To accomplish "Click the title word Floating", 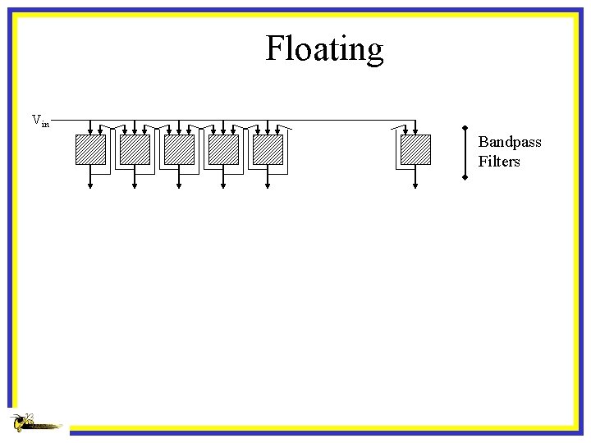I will coord(324,49).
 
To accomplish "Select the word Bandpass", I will coord(510,142).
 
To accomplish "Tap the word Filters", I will coord(499,162).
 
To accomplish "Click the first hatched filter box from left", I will coord(90,149).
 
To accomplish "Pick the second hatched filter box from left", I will coord(135,149).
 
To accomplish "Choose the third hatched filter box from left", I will coord(179,149).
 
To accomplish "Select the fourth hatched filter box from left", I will coord(223,149).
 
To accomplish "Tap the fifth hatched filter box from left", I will coord(268,149).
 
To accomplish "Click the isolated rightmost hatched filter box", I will coord(415,149).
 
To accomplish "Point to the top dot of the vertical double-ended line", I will coord(465,128).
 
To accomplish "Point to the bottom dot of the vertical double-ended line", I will coord(465,176).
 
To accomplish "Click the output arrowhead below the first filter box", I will coord(90,186).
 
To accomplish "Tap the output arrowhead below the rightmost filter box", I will coord(415,186).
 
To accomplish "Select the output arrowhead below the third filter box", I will coord(179,186).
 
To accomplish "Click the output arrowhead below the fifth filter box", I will coord(268,186).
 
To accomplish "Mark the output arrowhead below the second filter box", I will coord(135,186).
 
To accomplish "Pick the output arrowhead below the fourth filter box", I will coord(223,186).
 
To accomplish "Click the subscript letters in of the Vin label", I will coord(45,124).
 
